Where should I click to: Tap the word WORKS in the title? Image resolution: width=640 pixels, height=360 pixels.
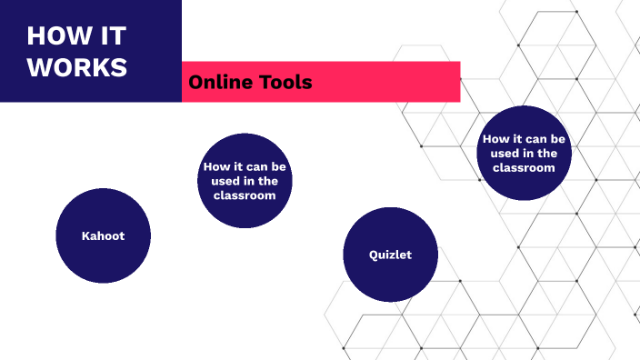tap(77, 68)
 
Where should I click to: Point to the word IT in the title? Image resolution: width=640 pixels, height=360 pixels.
tap(113, 36)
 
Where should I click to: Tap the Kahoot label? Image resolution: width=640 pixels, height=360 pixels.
tap(103, 235)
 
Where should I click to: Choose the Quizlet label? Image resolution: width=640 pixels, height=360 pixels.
tap(390, 255)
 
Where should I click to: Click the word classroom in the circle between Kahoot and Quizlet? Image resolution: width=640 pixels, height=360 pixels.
tap(245, 195)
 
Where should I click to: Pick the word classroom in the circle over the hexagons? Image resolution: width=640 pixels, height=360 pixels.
tap(524, 167)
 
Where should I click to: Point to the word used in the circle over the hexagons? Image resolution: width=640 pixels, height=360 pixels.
tap(494, 153)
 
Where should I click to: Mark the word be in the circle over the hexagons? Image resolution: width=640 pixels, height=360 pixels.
tap(559, 139)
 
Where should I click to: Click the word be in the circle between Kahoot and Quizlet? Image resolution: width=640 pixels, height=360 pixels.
tap(279, 167)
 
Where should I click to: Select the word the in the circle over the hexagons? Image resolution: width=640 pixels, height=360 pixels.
tap(547, 153)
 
